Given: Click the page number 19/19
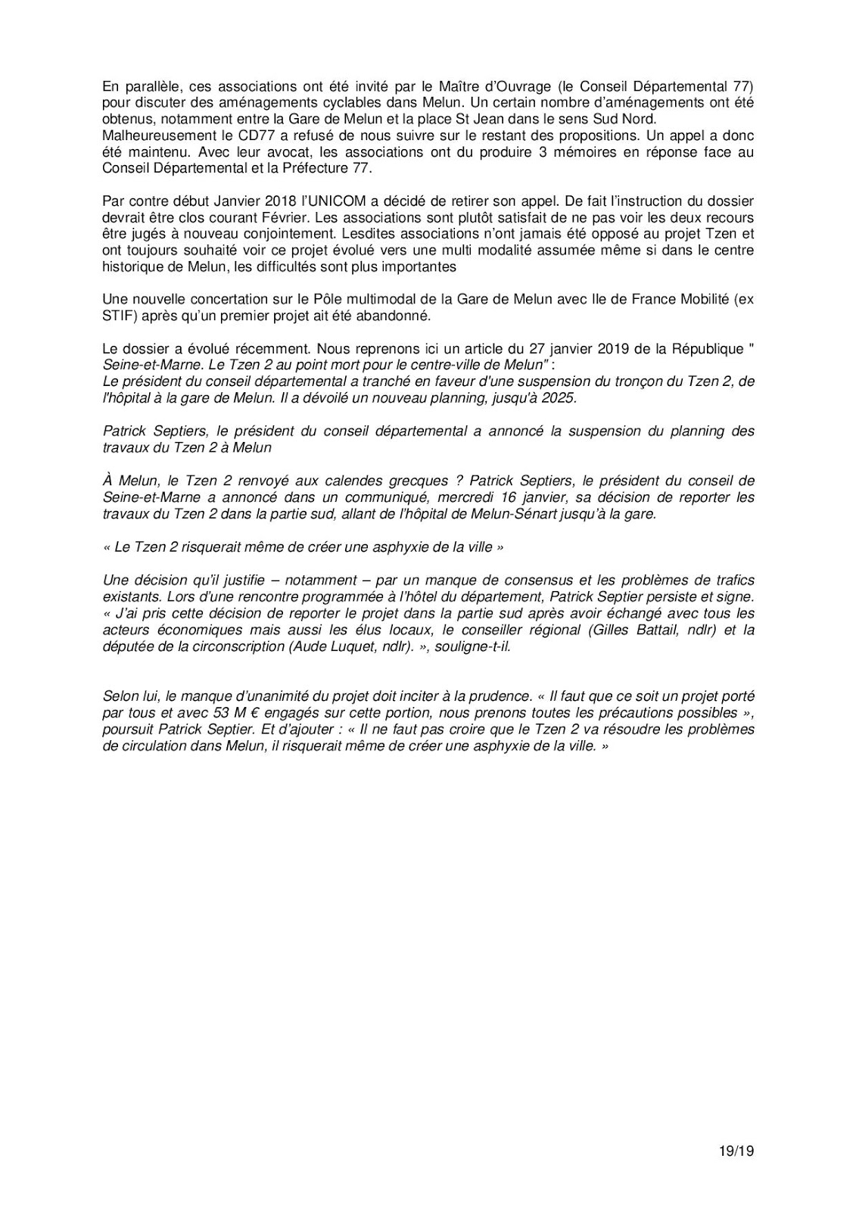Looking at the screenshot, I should (737, 1152).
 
